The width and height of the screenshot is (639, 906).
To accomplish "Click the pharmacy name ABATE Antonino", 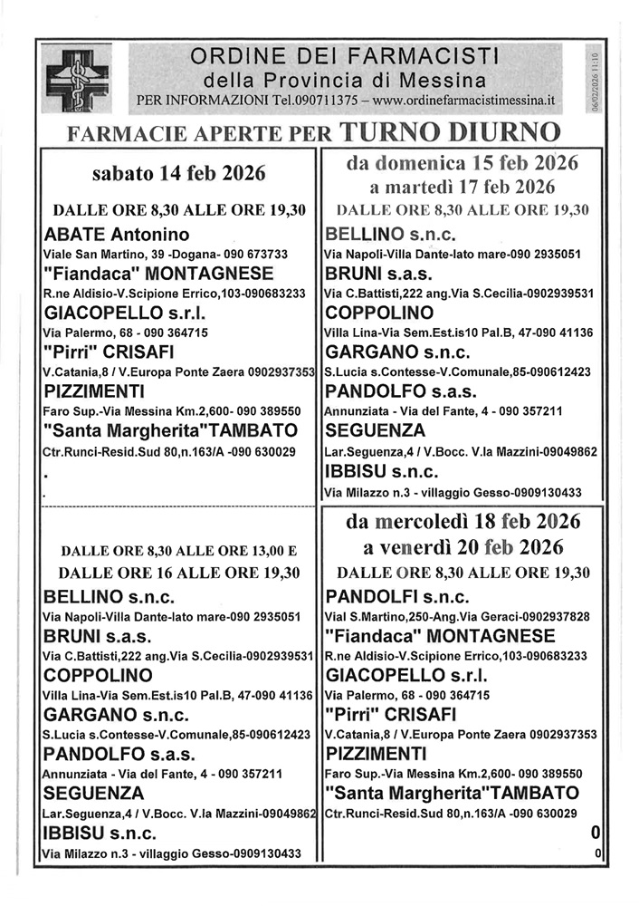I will pyautogui.click(x=117, y=236).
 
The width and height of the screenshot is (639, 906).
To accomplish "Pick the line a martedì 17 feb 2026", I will pyautogui.click(x=463, y=188).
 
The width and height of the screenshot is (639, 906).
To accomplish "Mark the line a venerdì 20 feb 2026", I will pyautogui.click(x=463, y=547).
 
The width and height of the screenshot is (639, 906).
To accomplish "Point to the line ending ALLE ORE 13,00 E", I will pyautogui.click(x=178, y=549).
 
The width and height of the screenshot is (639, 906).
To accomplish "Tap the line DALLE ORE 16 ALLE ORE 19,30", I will pyautogui.click(x=178, y=573).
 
